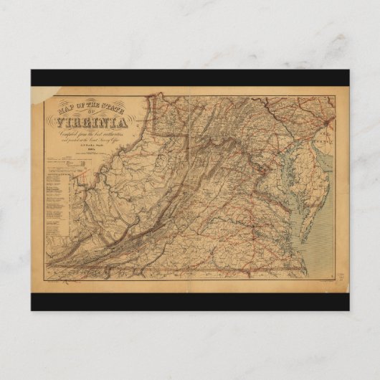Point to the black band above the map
[x=190, y=77]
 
